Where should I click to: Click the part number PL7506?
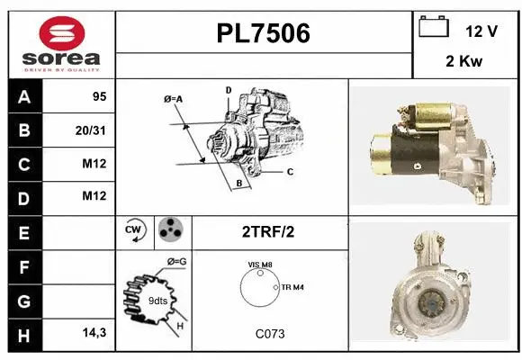pyautogui.click(x=264, y=34)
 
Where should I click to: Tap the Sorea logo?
pyautogui.click(x=62, y=44)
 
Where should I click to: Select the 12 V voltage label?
pyautogui.click(x=481, y=31)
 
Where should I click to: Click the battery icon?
pyautogui.click(x=434, y=28)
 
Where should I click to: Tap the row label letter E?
pyautogui.click(x=23, y=232)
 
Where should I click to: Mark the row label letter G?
pyautogui.click(x=23, y=300)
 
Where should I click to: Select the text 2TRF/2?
pyautogui.click(x=269, y=232)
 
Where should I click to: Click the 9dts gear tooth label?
pyautogui.click(x=157, y=301)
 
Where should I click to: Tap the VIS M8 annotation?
pyautogui.click(x=259, y=264)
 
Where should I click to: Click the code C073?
pyautogui.click(x=269, y=333)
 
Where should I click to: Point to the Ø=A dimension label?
pyautogui.click(x=174, y=98)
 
